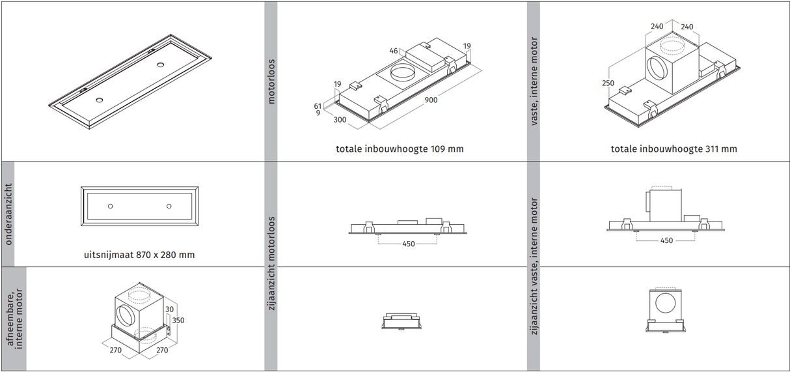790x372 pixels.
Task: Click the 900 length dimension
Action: pos(431,100)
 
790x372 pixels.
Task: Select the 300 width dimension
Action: pos(340,120)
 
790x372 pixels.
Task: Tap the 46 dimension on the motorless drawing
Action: pos(394,51)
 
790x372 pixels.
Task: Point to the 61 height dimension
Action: pos(318,106)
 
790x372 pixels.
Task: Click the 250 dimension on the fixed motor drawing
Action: pos(608,83)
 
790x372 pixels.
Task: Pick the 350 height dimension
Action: pos(178,320)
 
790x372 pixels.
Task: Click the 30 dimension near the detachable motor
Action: pos(169,309)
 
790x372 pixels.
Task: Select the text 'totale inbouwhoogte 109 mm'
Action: pos(400,149)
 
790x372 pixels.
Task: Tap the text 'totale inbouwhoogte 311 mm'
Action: pos(674,149)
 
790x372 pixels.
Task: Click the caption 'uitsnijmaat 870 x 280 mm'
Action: pos(139,255)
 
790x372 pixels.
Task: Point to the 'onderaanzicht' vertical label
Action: pos(8,214)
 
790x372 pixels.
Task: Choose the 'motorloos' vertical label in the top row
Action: pos(271,81)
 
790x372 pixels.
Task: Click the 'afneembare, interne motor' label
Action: pos(14,319)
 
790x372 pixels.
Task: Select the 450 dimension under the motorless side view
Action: pos(409,244)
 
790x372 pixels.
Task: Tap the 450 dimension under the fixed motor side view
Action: pos(666,240)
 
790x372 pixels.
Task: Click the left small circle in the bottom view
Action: pos(111,206)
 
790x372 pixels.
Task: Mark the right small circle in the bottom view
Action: pos(169,206)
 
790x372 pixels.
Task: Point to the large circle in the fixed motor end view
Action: pos(665,303)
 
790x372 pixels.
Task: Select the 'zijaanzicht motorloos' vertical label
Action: pos(271,263)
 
